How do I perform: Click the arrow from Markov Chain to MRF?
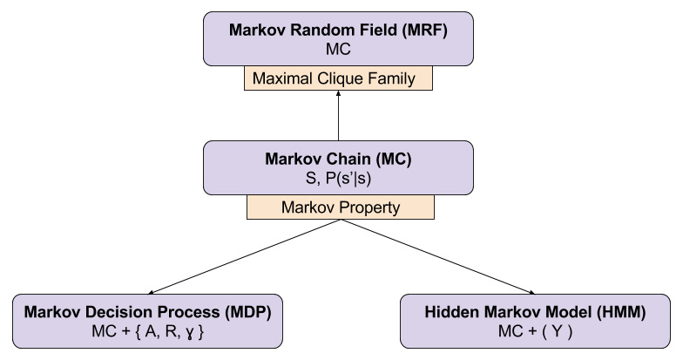point(339,117)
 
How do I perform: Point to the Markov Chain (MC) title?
point(339,160)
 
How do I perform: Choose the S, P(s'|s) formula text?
point(339,180)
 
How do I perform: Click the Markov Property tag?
point(340,207)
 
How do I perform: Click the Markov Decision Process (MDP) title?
point(147,312)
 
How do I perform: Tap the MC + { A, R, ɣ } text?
point(147,332)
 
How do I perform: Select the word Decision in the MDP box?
point(118,312)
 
